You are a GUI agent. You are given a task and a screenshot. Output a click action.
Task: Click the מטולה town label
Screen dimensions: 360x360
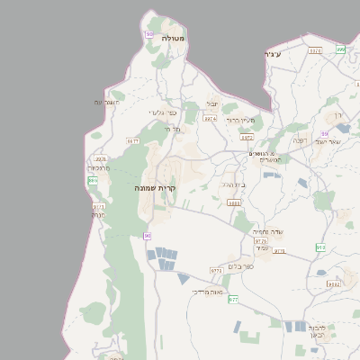(173, 39)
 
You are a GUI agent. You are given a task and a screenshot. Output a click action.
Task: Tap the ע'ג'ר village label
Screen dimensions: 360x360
(274, 55)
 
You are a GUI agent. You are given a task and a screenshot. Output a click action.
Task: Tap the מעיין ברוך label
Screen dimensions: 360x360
(241, 120)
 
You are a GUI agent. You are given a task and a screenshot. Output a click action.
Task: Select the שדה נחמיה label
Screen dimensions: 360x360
(268, 231)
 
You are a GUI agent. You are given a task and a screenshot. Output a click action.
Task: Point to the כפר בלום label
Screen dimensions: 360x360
(256, 266)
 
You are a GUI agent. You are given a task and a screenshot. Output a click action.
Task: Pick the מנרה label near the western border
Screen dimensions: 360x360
(98, 215)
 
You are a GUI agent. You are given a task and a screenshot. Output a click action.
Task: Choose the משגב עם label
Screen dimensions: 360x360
(106, 103)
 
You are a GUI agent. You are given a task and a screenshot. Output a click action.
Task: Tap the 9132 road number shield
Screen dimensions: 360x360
(333, 283)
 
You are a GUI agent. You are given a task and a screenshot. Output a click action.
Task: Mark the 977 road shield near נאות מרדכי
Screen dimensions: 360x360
(233, 299)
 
